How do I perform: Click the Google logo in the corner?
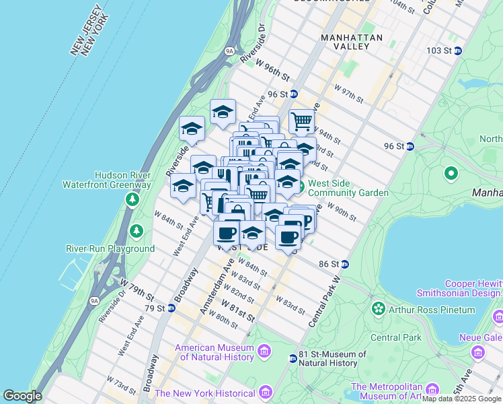click(23, 396)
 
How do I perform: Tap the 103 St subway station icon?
click(458, 50)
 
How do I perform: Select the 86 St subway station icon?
click(344, 265)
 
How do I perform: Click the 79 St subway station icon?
click(171, 308)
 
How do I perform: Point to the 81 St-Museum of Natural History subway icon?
click(293, 358)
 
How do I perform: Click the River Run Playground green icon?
click(137, 231)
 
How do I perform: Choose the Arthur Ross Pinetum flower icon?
click(379, 309)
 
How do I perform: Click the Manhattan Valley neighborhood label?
click(352, 42)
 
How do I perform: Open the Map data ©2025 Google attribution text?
click(461, 399)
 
